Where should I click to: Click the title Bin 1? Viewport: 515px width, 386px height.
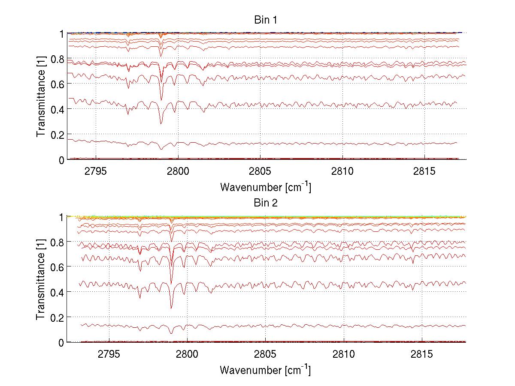click(x=266, y=20)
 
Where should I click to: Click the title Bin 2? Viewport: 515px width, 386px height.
click(x=266, y=203)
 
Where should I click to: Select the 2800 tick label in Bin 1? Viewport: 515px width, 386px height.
click(x=178, y=170)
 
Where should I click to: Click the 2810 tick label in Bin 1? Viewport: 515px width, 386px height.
click(x=342, y=170)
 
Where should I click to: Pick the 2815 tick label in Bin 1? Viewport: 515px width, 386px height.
click(x=424, y=170)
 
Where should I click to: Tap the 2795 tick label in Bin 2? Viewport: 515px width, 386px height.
click(x=109, y=353)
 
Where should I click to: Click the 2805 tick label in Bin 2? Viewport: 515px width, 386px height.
click(x=266, y=353)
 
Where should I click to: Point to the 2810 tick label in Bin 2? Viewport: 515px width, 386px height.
click(x=344, y=353)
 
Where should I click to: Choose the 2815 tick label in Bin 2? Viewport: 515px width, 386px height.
click(x=422, y=353)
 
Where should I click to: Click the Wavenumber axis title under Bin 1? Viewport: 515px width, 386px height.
click(x=265, y=187)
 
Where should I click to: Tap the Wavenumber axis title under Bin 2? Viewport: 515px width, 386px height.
click(x=265, y=370)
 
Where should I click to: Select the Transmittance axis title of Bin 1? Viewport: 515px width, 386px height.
click(x=41, y=96)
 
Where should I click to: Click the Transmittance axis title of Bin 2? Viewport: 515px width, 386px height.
click(x=41, y=279)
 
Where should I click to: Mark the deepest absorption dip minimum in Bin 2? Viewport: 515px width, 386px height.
click(x=171, y=308)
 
